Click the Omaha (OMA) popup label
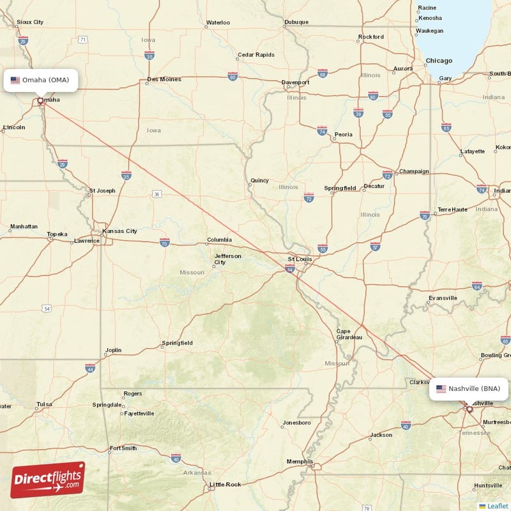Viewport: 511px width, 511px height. (43, 80)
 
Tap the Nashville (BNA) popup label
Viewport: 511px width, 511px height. (469, 388)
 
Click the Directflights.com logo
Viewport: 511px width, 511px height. (48, 480)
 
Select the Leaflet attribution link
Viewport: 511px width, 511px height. (497, 505)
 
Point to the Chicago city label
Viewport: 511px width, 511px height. (439, 61)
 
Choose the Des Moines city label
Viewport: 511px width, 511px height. (164, 80)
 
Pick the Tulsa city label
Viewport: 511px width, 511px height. (44, 404)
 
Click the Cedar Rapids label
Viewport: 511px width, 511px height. (256, 55)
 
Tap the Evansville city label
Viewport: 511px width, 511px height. (443, 298)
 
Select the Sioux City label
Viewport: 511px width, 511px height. (30, 22)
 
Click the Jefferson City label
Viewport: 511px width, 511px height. (227, 259)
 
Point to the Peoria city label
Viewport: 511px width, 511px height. (344, 134)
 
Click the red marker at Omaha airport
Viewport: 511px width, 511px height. (40, 100)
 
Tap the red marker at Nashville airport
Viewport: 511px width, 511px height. (469, 408)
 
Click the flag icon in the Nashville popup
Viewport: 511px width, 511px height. (441, 388)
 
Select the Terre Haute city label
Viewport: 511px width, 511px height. (452, 210)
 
